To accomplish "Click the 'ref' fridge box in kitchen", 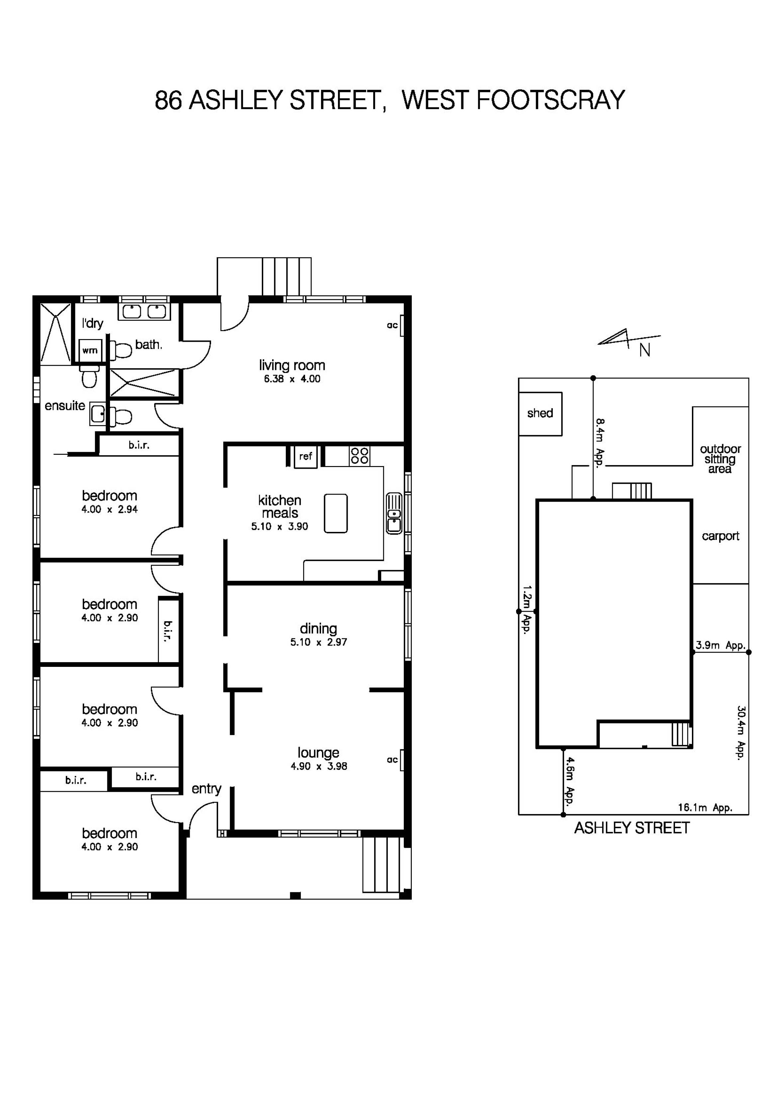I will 305,456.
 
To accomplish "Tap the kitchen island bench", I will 335,513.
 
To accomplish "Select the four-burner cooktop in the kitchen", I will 359,456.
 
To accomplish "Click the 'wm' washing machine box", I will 90,350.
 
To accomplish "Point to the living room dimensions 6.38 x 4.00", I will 292,379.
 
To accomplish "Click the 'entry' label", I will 206,789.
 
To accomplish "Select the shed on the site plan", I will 540,414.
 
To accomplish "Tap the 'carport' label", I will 720,536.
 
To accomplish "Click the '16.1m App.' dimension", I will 705,808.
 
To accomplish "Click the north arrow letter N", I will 645,351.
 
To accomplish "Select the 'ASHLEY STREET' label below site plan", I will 631,828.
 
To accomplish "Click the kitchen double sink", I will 394,513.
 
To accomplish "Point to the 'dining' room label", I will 318,629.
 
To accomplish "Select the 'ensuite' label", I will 65,406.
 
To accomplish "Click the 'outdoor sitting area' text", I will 720,459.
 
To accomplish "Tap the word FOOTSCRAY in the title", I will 550,100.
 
